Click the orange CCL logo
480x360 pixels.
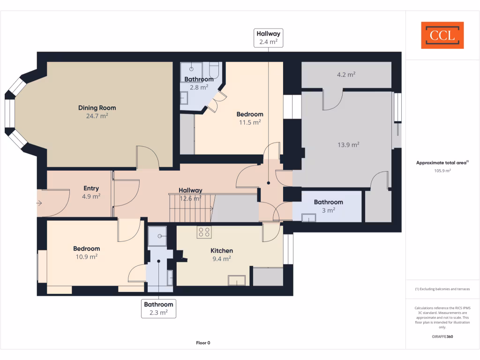pos(442,35)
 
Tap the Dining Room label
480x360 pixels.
pos(97,108)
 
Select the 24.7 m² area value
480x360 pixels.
pos(97,116)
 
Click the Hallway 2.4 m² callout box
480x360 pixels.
pos(268,38)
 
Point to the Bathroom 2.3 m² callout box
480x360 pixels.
pos(158,308)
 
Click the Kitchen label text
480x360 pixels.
pos(221,251)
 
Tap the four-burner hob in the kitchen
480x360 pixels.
pos(204,232)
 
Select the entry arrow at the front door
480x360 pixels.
pos(40,203)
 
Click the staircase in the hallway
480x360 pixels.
pos(190,208)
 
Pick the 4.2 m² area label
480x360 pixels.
pos(346,75)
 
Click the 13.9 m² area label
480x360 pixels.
pos(348,145)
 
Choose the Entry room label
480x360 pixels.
pos(91,188)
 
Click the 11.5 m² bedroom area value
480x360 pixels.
pos(250,122)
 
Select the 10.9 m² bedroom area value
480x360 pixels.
pos(86,257)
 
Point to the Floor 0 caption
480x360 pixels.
pos(203,343)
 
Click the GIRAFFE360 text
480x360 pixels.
pos(442,337)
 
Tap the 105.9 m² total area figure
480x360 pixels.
pos(442,171)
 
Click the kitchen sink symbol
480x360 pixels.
pos(237,280)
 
